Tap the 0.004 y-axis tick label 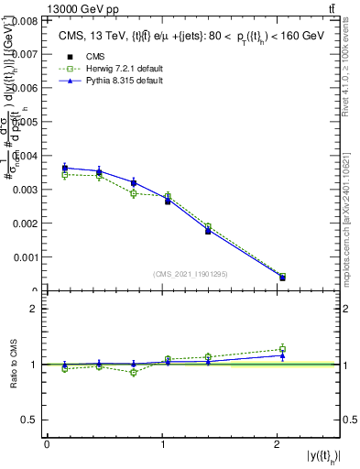(x=26, y=156)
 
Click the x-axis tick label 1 (x=162, y=443)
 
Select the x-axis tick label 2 (x=278, y=443)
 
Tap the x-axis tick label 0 (x=47, y=443)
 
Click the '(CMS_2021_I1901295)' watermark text (x=191, y=274)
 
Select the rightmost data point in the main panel (x=282, y=277)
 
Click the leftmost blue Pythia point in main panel (x=64, y=168)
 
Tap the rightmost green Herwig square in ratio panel (x=282, y=348)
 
